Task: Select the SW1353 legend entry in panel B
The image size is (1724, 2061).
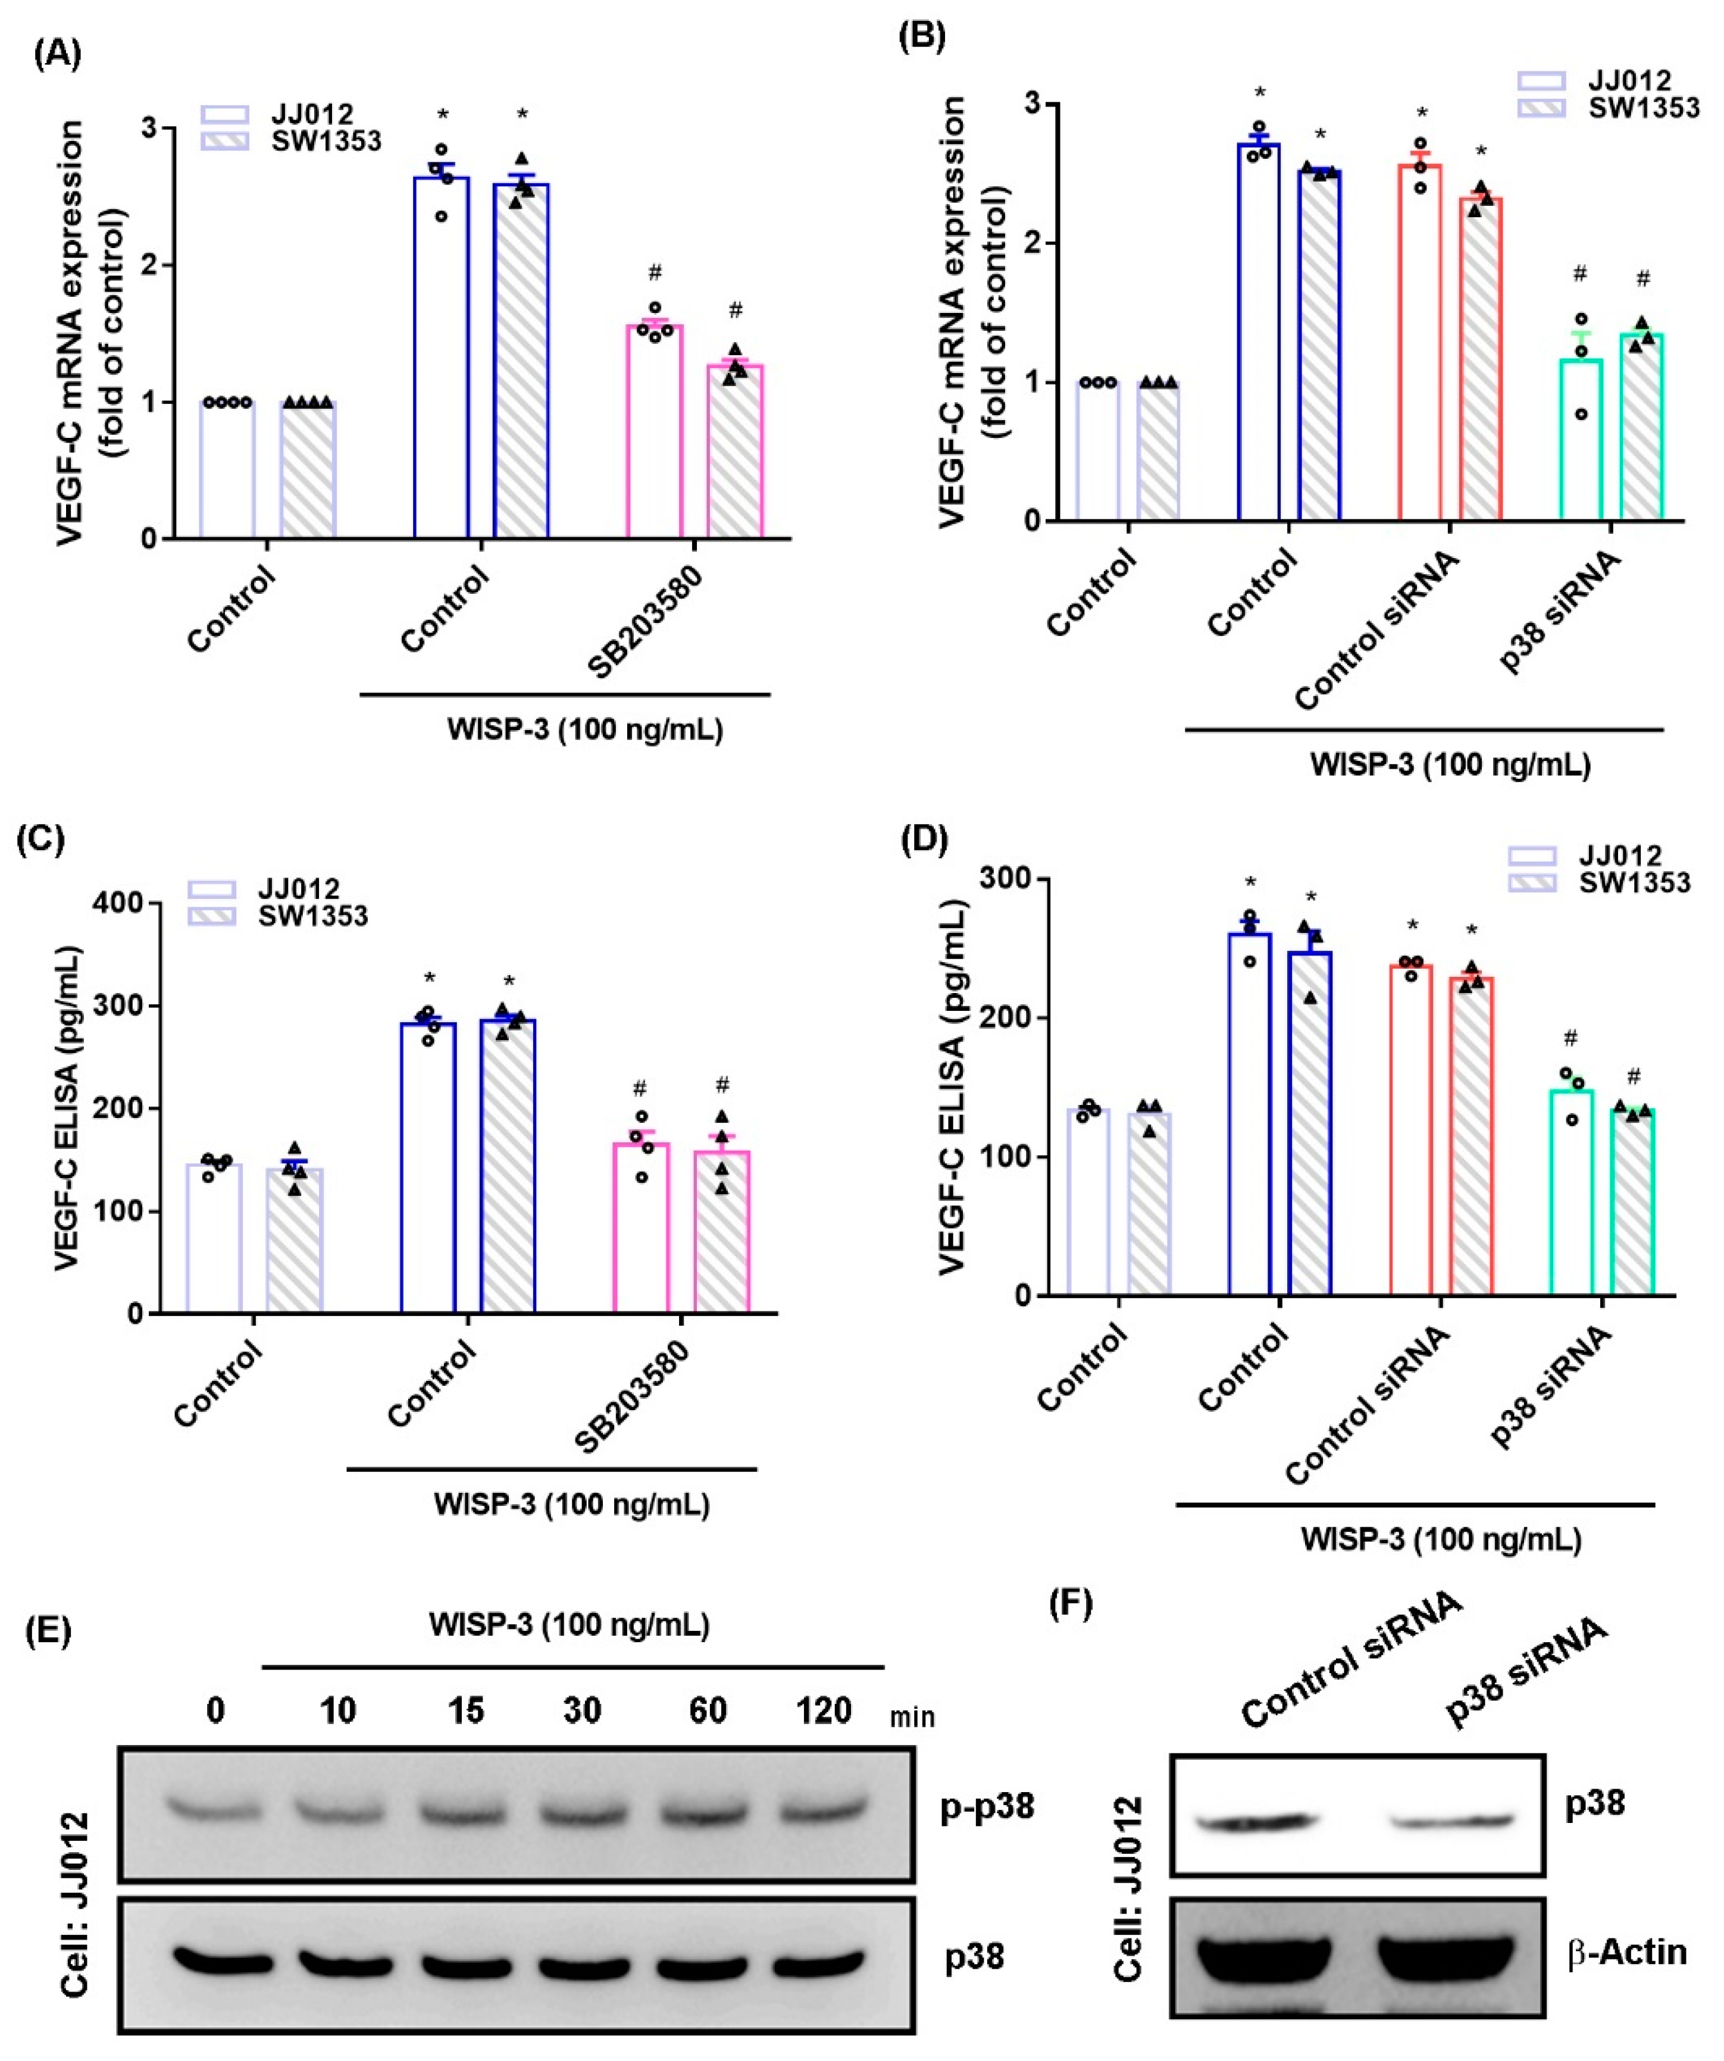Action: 1642,108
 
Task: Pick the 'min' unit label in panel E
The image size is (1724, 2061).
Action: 912,1718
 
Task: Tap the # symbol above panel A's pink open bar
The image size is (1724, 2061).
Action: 655,271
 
